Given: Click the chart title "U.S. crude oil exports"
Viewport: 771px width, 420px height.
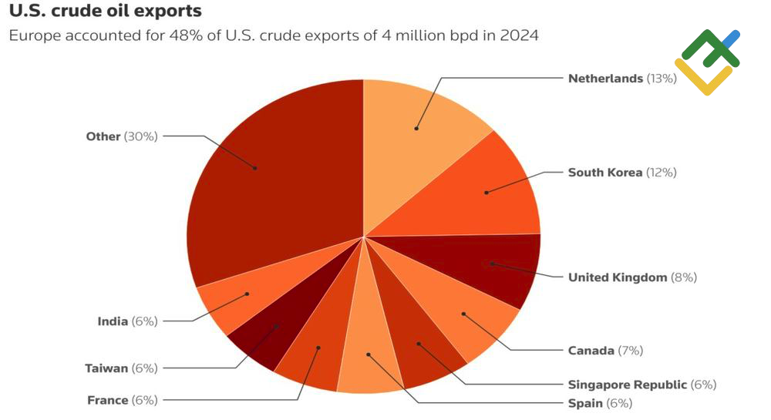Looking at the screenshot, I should [106, 12].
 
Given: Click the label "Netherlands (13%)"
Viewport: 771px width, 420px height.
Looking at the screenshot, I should [621, 78].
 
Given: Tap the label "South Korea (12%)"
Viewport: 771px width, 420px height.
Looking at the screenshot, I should [621, 173].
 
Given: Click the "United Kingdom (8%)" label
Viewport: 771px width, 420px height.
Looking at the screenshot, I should [631, 277].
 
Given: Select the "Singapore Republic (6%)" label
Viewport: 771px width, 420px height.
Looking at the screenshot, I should [641, 385].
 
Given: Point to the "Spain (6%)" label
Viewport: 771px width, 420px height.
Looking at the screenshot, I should [599, 403].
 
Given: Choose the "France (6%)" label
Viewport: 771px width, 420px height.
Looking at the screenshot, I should [122, 400].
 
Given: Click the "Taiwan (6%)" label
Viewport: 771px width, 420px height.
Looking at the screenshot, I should [121, 368].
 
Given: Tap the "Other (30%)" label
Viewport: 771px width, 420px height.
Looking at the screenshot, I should [122, 136].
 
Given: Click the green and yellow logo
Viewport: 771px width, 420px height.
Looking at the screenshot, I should [707, 62].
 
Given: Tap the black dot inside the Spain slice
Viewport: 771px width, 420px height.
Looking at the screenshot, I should [369, 354].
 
